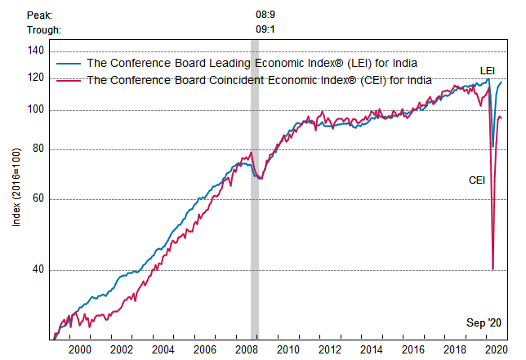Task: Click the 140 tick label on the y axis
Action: coord(35,51)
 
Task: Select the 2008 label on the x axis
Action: coord(247,349)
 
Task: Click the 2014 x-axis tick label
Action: coord(372,349)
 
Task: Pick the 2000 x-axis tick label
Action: coord(79,349)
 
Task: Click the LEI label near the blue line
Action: coord(487,70)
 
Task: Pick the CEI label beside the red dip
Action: coord(477,180)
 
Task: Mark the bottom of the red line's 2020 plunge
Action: coord(493,269)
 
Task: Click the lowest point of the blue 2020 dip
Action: coord(493,147)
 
